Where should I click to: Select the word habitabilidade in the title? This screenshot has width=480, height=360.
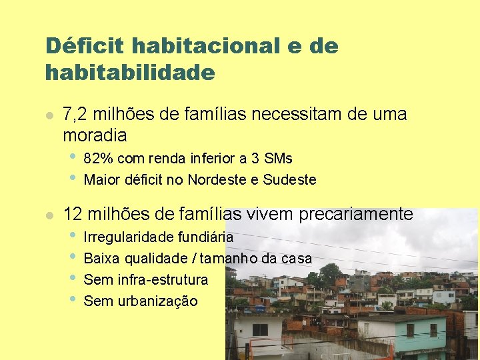coord(130,72)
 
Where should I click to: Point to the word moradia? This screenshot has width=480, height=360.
coord(95,135)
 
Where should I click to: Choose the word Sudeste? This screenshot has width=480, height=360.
coord(289,180)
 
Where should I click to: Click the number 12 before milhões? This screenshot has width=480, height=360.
coord(72,214)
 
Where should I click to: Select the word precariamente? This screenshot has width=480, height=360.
coord(356,214)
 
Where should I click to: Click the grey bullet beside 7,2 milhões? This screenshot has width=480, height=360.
coord(48,115)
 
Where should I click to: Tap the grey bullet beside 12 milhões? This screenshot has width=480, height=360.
coord(48,215)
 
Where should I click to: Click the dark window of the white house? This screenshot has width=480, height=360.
coord(259,330)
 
